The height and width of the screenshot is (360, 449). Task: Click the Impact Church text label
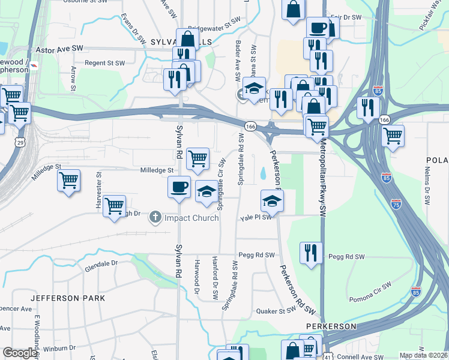[x=191, y=218]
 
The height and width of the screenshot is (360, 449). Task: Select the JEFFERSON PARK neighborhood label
[x=67, y=298]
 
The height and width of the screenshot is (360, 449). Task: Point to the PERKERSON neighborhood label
[x=331, y=326]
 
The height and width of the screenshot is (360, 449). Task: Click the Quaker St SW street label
[x=276, y=311]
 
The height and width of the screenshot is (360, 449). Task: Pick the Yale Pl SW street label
[x=256, y=218]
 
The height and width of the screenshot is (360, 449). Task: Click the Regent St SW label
[x=104, y=63]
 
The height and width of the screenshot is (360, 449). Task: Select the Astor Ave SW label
[x=60, y=49]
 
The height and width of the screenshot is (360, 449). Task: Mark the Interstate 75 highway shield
[x=396, y=204]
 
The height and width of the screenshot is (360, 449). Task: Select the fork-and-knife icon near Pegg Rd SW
[x=311, y=252]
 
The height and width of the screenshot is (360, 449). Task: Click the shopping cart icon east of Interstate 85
[x=393, y=136]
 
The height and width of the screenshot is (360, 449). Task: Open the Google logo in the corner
[x=20, y=353]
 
